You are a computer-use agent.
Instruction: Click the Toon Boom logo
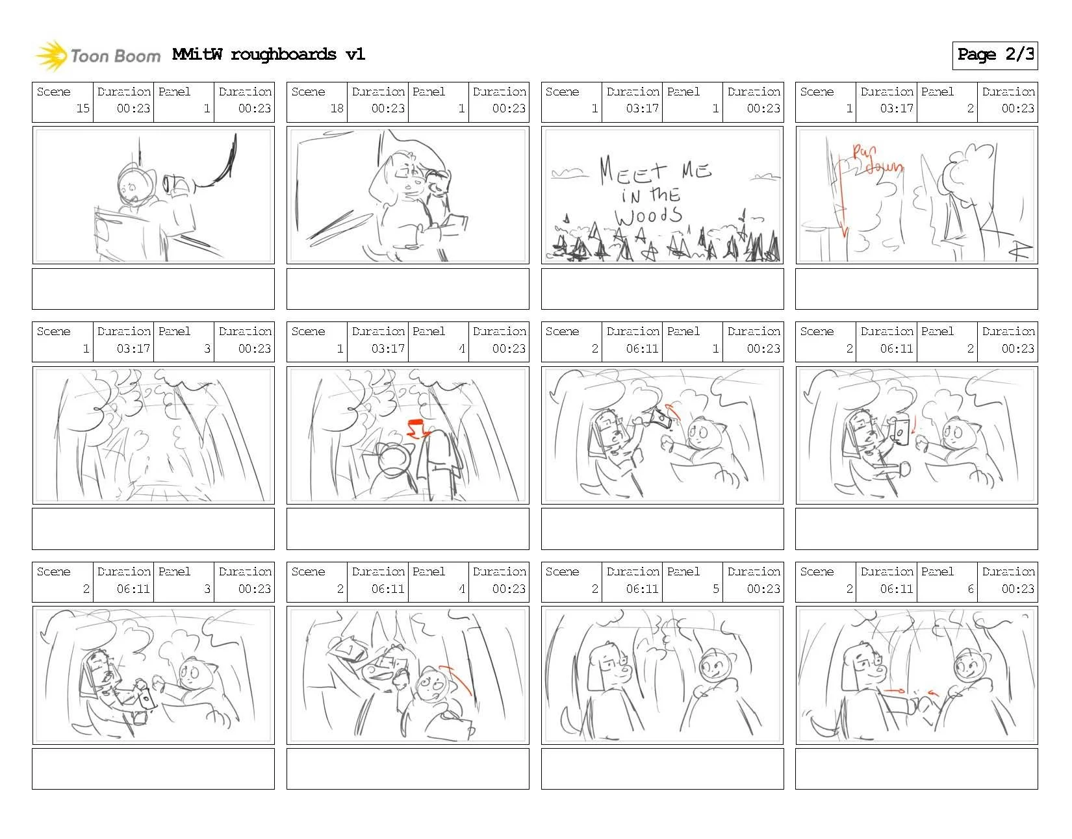click(x=98, y=56)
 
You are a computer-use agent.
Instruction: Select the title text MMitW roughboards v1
click(x=269, y=55)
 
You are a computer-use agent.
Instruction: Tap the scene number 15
click(x=83, y=108)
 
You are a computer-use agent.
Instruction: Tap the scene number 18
click(x=337, y=108)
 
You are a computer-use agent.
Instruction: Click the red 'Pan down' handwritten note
click(x=878, y=158)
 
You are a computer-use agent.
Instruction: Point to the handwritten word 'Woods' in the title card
click(x=649, y=216)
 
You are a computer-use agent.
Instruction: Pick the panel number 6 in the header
click(x=971, y=588)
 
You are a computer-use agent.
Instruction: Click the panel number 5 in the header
click(x=716, y=588)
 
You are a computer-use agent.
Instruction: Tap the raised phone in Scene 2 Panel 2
click(x=901, y=432)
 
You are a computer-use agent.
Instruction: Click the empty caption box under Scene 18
click(x=407, y=289)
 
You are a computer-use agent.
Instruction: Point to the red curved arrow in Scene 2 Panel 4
click(x=455, y=679)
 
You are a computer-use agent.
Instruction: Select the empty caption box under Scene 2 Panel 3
click(x=153, y=768)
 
